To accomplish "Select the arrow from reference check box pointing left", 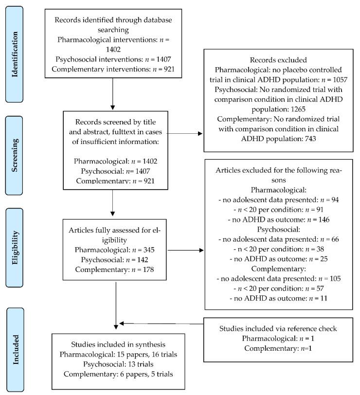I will tap(161, 323).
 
